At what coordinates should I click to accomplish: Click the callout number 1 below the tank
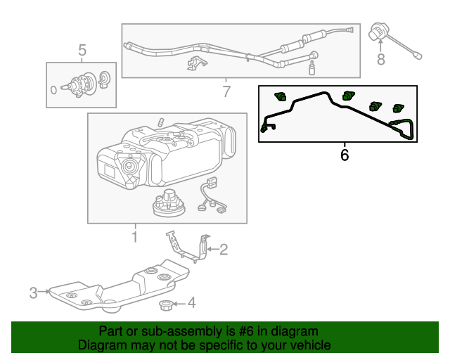[134, 237]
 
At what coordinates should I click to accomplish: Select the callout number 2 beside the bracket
[224, 249]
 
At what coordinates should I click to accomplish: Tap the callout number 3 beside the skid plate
[33, 292]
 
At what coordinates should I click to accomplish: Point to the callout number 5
[82, 51]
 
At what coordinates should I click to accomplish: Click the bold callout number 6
[345, 155]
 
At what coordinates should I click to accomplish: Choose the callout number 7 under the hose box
[226, 91]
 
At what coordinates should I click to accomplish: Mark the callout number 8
[381, 60]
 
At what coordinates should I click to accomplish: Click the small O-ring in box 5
[53, 89]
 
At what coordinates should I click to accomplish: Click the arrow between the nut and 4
[180, 304]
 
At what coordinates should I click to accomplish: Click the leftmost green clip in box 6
[283, 96]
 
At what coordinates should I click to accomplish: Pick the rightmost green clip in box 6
[399, 108]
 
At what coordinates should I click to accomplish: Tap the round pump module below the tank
[168, 203]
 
